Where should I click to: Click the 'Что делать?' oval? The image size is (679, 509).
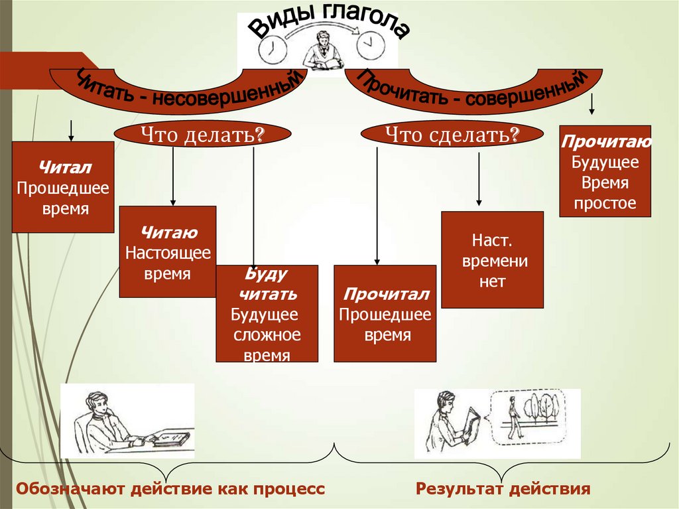coord(203,135)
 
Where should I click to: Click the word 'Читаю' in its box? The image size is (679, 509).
coord(168,232)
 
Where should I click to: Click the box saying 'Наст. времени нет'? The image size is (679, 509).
coord(492,259)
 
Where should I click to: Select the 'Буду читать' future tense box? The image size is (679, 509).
coord(267,313)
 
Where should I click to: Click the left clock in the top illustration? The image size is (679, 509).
coord(273,48)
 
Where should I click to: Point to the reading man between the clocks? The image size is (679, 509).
coord(322,50)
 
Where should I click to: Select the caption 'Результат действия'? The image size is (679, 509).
coord(503,490)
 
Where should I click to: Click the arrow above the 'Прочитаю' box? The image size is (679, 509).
coord(592,104)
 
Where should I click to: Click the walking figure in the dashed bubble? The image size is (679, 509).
coord(513,417)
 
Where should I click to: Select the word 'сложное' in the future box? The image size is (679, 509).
coord(267,334)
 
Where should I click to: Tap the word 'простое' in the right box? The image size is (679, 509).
coord(605,204)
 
